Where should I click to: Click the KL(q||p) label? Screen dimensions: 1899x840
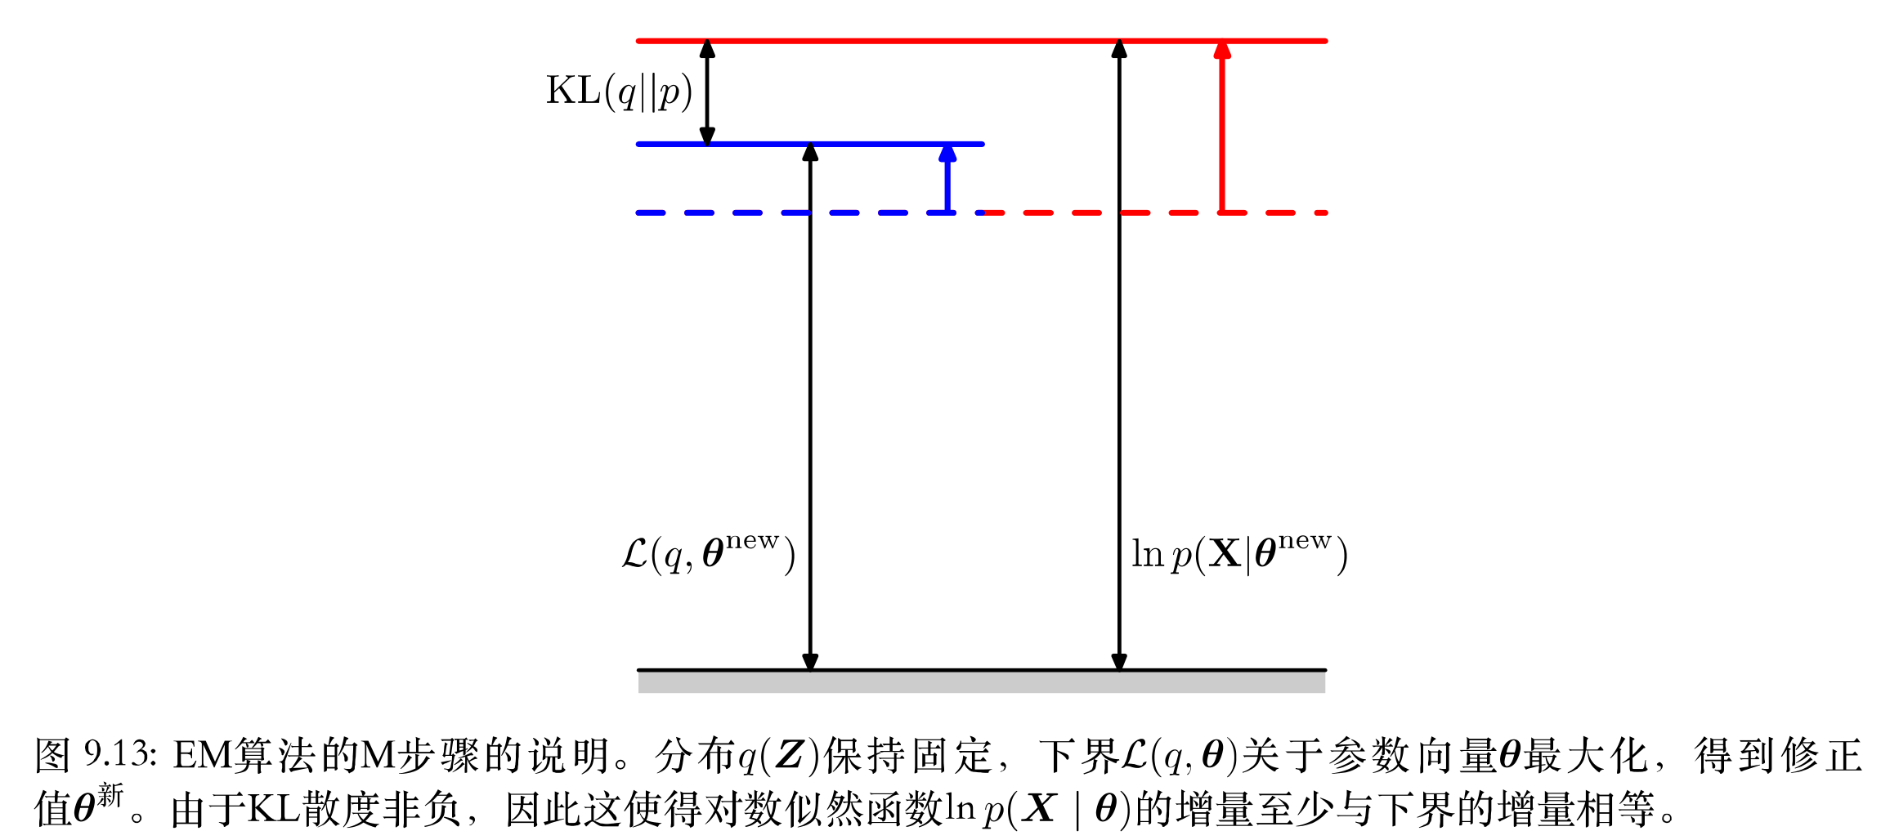point(619,92)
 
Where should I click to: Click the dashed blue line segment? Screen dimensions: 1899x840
point(736,212)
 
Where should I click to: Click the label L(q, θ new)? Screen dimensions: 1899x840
point(708,554)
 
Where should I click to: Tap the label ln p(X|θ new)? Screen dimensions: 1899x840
point(1239,554)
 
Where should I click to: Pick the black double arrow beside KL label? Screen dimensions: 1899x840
point(708,92)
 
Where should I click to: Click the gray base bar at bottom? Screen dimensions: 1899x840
point(981,682)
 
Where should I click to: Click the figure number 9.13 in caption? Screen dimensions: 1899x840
point(119,753)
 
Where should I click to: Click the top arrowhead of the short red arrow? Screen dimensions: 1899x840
point(1222,50)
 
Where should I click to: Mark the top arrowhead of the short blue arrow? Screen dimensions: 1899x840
point(947,153)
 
